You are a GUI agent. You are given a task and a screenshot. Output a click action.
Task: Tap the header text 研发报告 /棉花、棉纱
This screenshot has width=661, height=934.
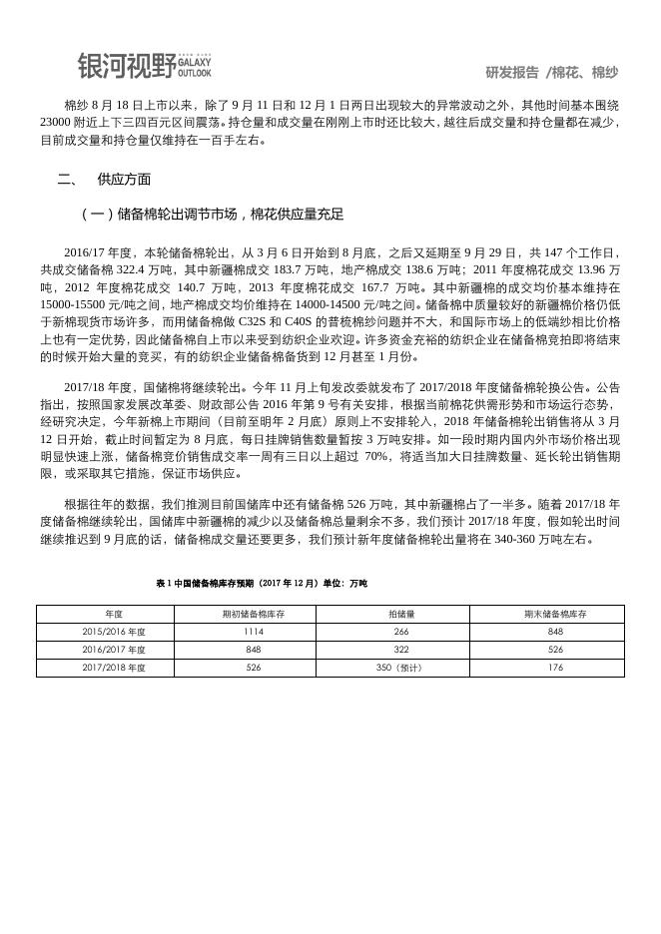551,73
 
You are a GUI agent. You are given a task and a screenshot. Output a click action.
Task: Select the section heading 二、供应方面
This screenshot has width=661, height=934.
105,180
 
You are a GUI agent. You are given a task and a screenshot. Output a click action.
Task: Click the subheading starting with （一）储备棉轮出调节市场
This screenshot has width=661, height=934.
213,214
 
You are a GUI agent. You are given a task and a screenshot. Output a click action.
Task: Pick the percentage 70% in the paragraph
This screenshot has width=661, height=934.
376,456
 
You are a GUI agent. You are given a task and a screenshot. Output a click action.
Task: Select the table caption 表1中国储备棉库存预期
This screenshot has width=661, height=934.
262,583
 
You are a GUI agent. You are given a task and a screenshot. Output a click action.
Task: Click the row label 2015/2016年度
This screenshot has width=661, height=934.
114,632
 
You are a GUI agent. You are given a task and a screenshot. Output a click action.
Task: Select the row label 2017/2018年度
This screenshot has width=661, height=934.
114,667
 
